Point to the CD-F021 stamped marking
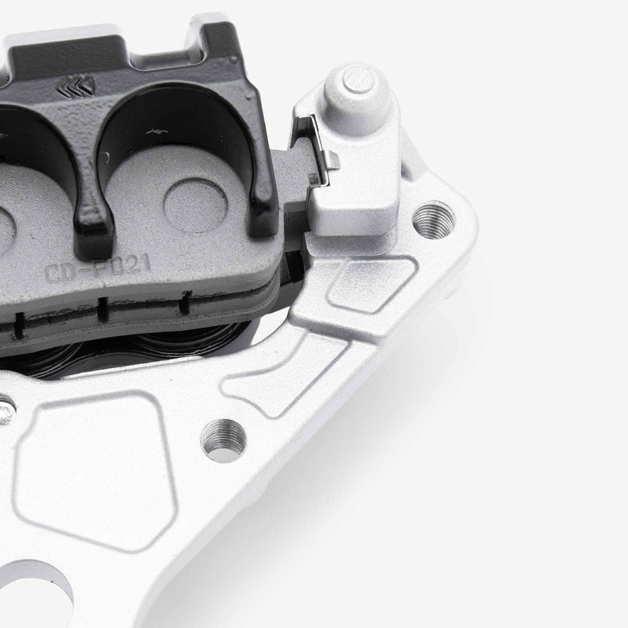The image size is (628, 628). coord(97,271)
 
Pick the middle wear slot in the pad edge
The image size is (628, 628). coord(100,309)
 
